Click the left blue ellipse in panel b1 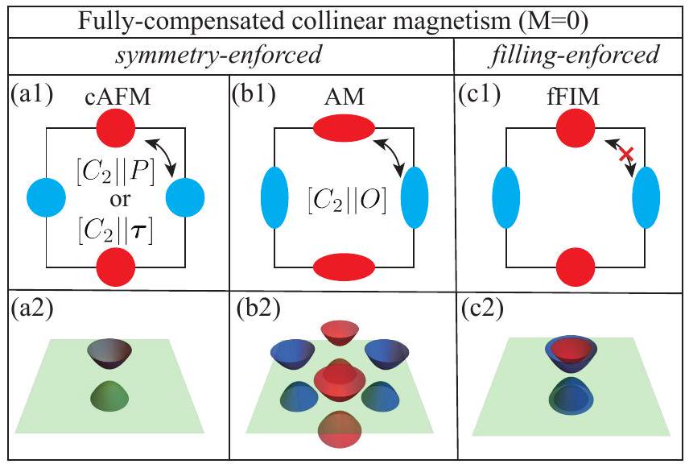click(271, 197)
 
